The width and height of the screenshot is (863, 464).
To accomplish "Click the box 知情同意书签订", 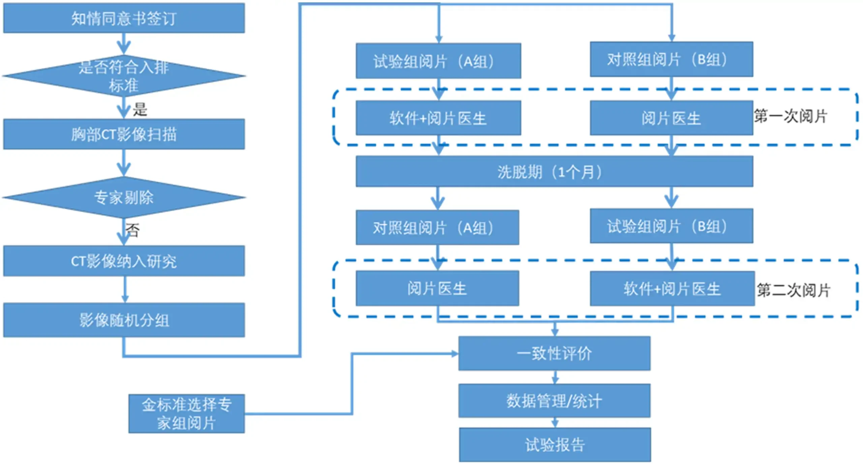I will [x=124, y=18].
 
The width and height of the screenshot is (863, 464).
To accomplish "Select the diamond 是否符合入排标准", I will [x=124, y=76].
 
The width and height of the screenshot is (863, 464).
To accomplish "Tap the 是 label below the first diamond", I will [x=140, y=110].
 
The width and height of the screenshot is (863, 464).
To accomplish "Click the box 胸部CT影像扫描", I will [x=124, y=134].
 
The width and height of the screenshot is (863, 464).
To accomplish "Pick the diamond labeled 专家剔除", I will [x=124, y=197].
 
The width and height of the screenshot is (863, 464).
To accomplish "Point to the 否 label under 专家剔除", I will [x=132, y=230].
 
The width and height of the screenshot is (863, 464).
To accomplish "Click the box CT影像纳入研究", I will [x=124, y=261].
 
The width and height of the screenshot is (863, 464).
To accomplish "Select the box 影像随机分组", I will [x=124, y=320].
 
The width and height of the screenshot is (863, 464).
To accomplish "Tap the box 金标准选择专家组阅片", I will [x=186, y=413].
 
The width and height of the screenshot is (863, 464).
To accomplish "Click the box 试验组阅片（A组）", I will [x=438, y=61].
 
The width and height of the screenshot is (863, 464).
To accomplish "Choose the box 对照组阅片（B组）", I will [x=671, y=59].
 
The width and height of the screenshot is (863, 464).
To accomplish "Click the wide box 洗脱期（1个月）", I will [x=554, y=172].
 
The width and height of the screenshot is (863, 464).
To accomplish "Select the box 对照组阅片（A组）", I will [x=437, y=228].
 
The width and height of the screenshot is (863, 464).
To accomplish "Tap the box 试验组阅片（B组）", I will [x=671, y=226].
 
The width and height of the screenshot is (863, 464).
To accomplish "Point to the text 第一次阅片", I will [x=791, y=117].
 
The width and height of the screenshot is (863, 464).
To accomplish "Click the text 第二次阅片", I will [x=793, y=290].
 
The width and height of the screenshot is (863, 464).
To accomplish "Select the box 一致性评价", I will [x=554, y=353].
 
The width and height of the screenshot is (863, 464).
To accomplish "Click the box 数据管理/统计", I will [x=554, y=401].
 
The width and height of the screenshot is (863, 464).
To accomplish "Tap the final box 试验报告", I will [x=555, y=445].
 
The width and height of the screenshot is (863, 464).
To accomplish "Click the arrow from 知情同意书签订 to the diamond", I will [x=124, y=44].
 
